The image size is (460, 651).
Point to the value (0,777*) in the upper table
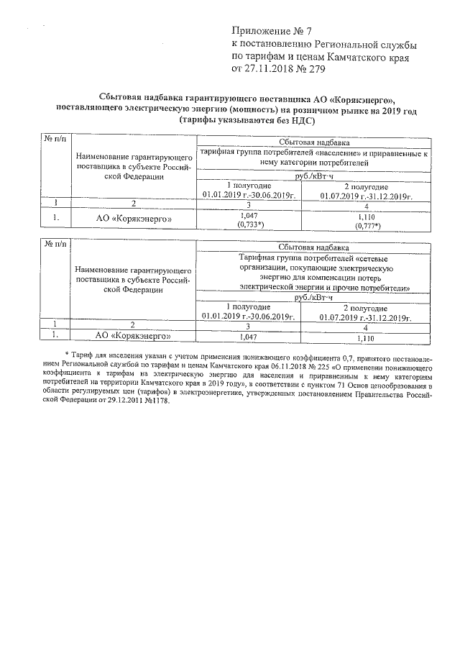pos(367,226)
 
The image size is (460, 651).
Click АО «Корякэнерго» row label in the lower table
pos(134,335)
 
